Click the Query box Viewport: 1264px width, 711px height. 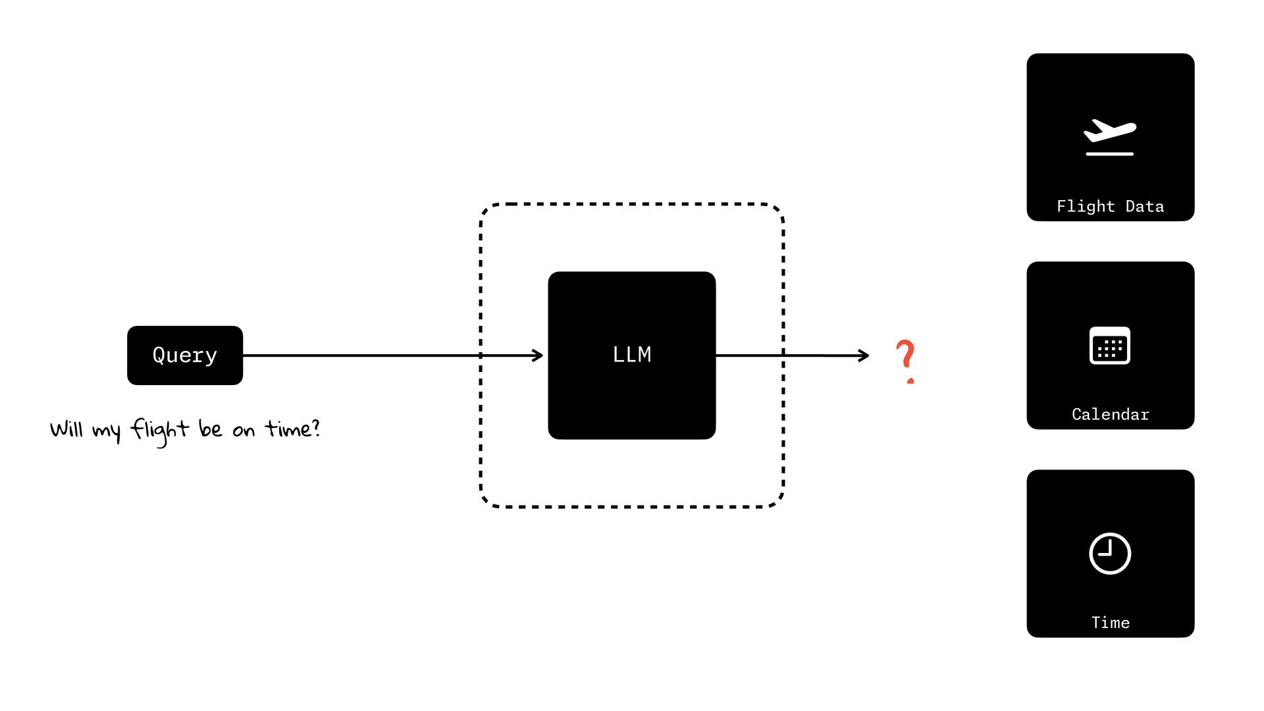tap(185, 355)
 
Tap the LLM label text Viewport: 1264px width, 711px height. tap(632, 355)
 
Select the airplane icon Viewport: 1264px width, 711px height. tap(1110, 130)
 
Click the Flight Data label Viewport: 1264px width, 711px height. tap(1110, 207)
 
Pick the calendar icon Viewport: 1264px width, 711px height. tap(1110, 346)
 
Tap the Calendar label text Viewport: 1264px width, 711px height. tap(1110, 415)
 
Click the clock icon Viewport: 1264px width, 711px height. tap(1110, 554)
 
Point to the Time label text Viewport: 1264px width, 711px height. tap(1110, 623)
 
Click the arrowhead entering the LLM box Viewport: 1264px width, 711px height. tap(539, 355)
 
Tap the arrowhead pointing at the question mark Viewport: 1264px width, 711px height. tap(864, 355)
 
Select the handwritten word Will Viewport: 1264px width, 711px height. tap(66, 429)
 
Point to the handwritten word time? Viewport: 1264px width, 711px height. tap(292, 429)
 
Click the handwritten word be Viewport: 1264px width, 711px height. tap(210, 429)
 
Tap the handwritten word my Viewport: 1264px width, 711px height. tap(107, 432)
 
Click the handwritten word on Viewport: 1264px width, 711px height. tap(244, 431)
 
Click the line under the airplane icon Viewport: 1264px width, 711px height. tap(1110, 154)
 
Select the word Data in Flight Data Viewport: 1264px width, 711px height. tap(1145, 207)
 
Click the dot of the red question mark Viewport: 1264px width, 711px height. tap(910, 381)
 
